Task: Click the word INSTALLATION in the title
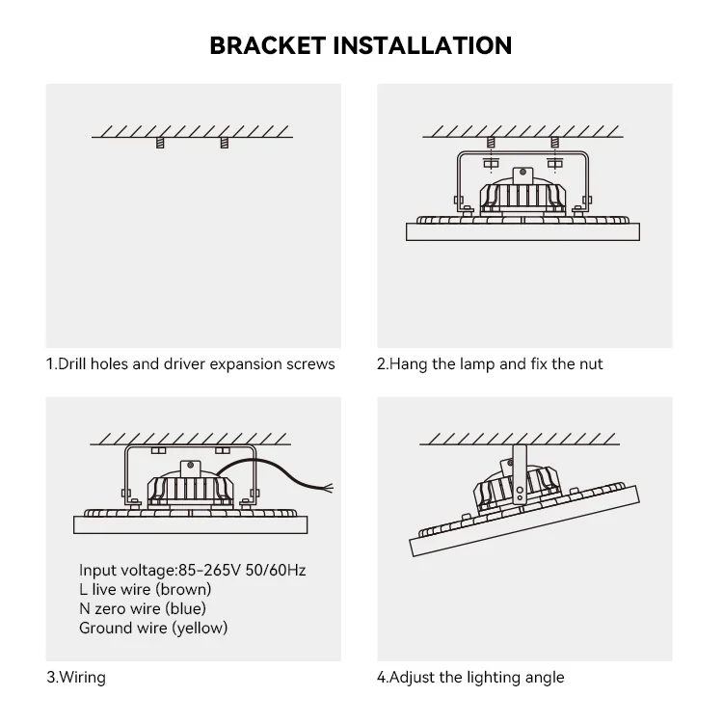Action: click(x=430, y=44)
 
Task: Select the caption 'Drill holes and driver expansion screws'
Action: click(x=191, y=364)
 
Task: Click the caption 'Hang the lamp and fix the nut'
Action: click(x=490, y=364)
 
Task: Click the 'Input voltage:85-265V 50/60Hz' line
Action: click(x=193, y=570)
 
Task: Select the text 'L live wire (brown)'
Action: click(x=145, y=589)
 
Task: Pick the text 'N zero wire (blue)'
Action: click(x=142, y=608)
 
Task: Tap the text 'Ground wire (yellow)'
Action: click(x=153, y=628)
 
